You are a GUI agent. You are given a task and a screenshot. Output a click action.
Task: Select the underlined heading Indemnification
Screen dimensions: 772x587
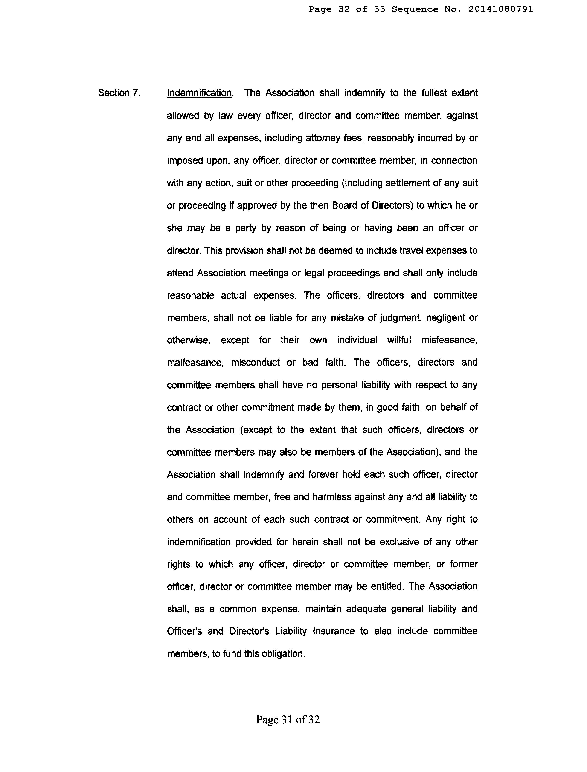pyautogui.click(x=199, y=93)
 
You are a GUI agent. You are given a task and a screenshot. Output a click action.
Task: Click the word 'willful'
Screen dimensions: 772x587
pyautogui.click(x=399, y=340)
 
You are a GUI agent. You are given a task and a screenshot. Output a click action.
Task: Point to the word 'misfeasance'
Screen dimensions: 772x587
pyautogui.click(x=449, y=340)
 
